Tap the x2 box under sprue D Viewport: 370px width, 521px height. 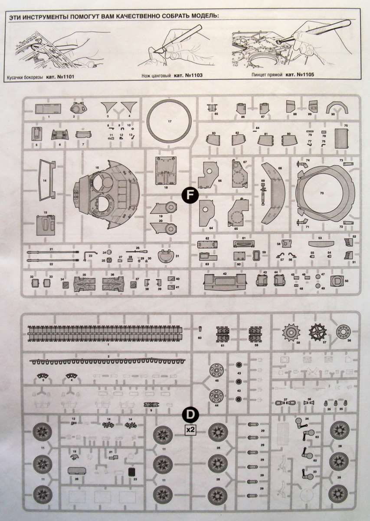(x=190, y=429)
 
